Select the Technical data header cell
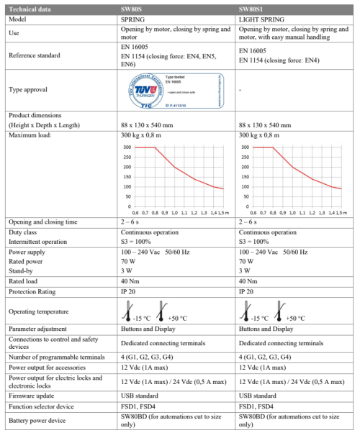pyautogui.click(x=29, y=7)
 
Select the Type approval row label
pyautogui.click(x=28, y=90)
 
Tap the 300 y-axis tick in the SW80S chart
pyautogui.click(x=127, y=147)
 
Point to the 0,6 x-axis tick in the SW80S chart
pyautogui.click(x=135, y=214)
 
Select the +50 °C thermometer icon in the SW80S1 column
pyautogui.click(x=280, y=310)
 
